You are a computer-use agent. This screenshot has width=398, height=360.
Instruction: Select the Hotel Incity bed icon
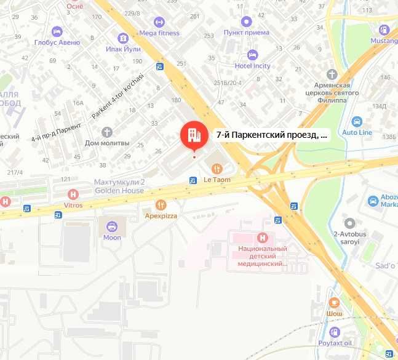pyautogui.click(x=252, y=54)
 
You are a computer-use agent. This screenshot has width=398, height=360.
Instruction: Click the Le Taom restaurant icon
pyautogui.click(x=217, y=168)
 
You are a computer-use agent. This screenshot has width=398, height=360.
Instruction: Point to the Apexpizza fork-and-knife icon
pyautogui.click(x=161, y=204)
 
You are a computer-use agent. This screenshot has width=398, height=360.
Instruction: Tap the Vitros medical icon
pyautogui.click(x=73, y=194)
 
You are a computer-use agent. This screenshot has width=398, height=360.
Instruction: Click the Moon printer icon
pyautogui.click(x=112, y=226)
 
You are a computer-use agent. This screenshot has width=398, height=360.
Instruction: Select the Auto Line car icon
pyautogui.click(x=357, y=121)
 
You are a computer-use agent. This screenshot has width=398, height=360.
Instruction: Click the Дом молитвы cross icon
pyautogui.click(x=107, y=132)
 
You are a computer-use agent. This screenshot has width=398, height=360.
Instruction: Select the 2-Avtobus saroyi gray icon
pyautogui.click(x=350, y=223)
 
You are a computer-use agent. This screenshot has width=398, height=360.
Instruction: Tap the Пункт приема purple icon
pyautogui.click(x=246, y=21)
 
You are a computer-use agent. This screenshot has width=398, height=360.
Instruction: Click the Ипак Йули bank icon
pyautogui.click(x=124, y=37)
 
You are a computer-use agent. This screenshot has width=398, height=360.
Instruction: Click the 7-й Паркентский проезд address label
pyautogui.click(x=272, y=135)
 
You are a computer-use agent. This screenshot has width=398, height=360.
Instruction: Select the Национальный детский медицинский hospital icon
pyautogui.click(x=263, y=237)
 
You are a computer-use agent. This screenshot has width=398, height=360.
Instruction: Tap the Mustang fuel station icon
pyautogui.click(x=384, y=30)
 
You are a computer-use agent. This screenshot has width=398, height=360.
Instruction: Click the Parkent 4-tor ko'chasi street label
pyautogui.click(x=117, y=97)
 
